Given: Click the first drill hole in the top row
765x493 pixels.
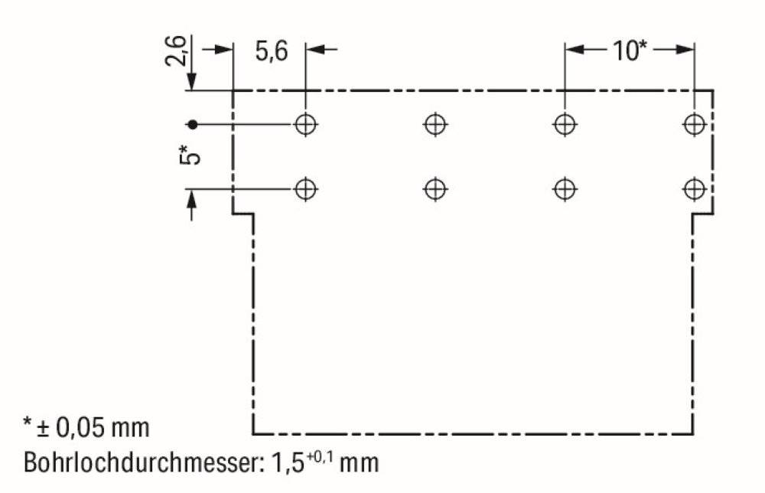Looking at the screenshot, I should tap(306, 123).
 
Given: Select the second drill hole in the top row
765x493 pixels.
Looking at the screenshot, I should tap(435, 123).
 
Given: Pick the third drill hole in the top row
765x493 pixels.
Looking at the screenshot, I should tap(564, 123).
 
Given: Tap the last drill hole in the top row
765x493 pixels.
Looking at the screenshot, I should tap(694, 123).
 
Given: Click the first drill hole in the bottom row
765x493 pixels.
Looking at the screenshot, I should tap(306, 188).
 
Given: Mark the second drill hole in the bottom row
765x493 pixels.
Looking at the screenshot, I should tap(435, 188).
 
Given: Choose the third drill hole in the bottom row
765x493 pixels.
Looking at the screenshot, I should tap(564, 188).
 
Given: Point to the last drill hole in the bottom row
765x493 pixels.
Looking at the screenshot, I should tap(694, 188).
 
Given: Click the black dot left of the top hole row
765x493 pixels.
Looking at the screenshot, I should tap(193, 123).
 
